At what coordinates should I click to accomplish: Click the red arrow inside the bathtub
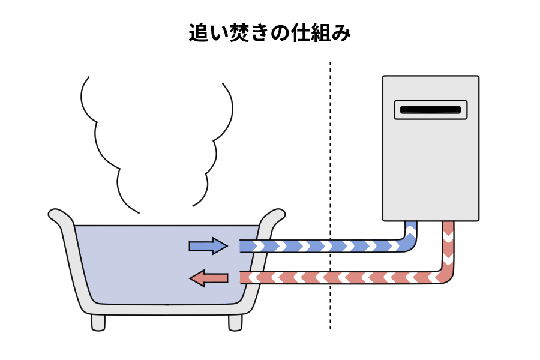pos(208,278)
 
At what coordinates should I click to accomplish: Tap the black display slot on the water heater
pos(430,110)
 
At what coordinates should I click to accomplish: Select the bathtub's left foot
pos(98,322)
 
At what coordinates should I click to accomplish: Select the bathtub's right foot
pos(235,322)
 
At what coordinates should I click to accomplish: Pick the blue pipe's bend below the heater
pos(409,242)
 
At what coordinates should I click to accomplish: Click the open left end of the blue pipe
pos(242,246)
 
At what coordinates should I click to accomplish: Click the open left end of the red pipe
pos(242,278)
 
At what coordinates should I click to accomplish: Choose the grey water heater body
pos(431,168)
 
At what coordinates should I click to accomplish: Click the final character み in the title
pos(341,33)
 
